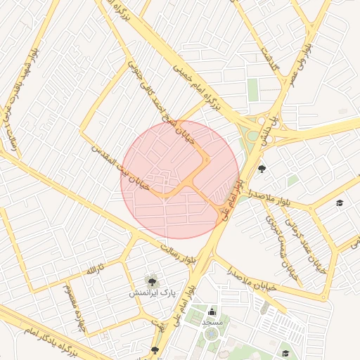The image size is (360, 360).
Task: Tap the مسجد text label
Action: click(x=212, y=321)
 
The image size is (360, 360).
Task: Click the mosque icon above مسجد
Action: click(x=212, y=311)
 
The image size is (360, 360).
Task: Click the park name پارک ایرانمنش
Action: click(x=152, y=292)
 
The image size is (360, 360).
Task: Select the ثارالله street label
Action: click(x=94, y=270)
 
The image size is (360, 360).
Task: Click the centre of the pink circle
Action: click(x=180, y=179)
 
